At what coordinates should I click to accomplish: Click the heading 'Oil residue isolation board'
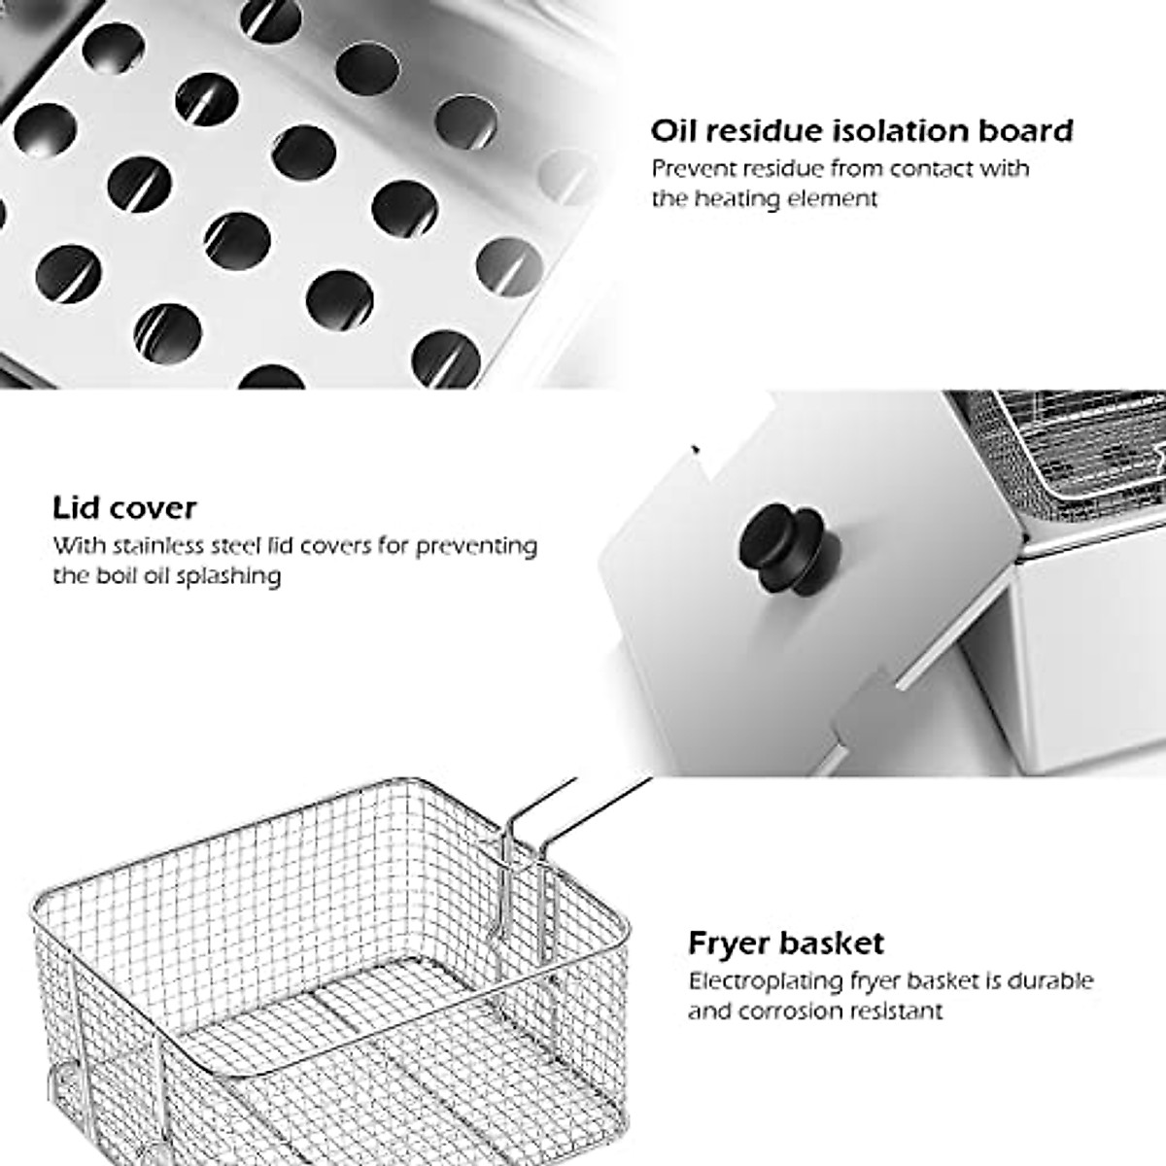tap(862, 130)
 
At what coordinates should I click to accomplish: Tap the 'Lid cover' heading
tap(124, 507)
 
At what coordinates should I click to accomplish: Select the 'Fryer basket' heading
tap(786, 943)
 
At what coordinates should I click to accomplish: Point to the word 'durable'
tap(1049, 980)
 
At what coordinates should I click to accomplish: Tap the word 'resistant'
tap(898, 1011)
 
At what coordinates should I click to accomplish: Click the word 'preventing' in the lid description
tap(476, 545)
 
